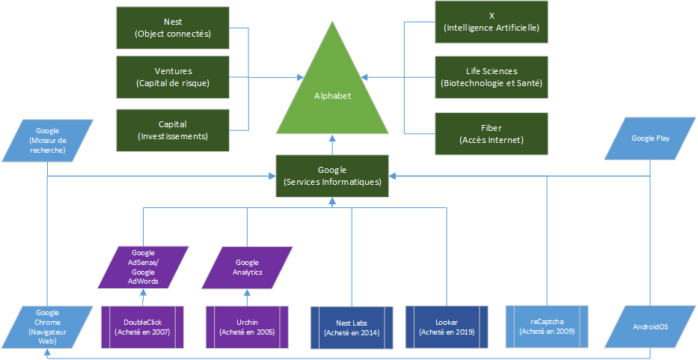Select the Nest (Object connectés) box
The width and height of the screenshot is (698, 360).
(x=172, y=28)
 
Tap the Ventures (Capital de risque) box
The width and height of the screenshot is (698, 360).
(x=172, y=76)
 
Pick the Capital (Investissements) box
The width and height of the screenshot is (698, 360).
(x=172, y=129)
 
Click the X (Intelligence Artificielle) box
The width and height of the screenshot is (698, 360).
(x=492, y=22)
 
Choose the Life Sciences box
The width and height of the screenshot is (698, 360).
(x=492, y=76)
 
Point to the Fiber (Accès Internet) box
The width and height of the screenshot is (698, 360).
(x=492, y=134)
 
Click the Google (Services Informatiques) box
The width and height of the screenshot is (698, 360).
(x=332, y=176)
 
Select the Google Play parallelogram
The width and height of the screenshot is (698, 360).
(x=649, y=139)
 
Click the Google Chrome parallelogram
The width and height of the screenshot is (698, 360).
(x=48, y=327)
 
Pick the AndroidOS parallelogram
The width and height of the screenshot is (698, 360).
(x=649, y=327)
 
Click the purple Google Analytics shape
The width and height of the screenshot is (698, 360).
(x=247, y=267)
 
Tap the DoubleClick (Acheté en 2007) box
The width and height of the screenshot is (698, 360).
(x=142, y=326)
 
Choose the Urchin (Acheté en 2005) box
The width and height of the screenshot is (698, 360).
(x=247, y=326)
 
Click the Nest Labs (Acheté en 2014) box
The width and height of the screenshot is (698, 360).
(x=352, y=327)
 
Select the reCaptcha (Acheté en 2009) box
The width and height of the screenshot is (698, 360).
(x=547, y=326)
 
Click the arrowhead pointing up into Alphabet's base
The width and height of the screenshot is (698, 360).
(x=332, y=141)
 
